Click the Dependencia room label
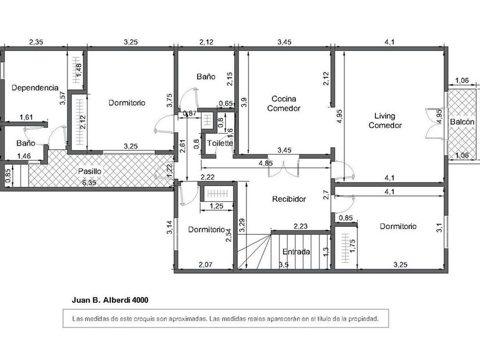[35, 88]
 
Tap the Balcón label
[462, 122]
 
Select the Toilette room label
[220, 143]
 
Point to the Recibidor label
[289, 199]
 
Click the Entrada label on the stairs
[296, 251]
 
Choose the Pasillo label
[89, 171]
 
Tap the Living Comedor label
[385, 121]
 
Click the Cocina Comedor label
[284, 103]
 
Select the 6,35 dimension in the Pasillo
[89, 183]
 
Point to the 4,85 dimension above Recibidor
[265, 163]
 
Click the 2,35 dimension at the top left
[36, 42]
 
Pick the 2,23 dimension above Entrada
[301, 226]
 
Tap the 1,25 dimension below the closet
[217, 206]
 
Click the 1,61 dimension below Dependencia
[26, 117]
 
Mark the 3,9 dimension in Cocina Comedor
[244, 102]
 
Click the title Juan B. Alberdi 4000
[110, 300]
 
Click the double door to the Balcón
[433, 123]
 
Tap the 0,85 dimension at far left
[8, 176]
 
